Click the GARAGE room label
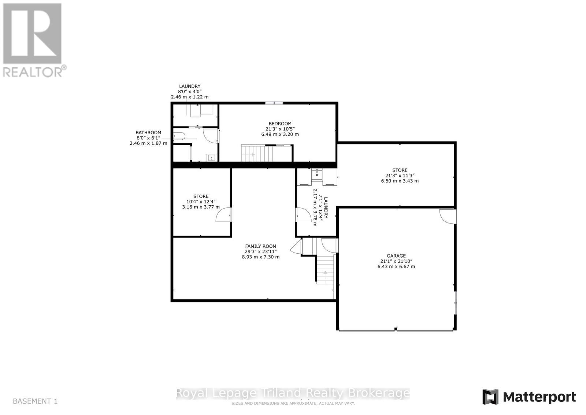396,256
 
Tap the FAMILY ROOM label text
260,246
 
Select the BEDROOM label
280,124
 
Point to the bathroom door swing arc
210,136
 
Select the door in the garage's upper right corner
447,216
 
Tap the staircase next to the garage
325,269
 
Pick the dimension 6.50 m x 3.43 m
400,181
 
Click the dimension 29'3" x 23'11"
260,251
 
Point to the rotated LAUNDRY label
326,207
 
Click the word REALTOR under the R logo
32,71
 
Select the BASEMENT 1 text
35,401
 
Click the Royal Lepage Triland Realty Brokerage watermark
293,393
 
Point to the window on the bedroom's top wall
274,103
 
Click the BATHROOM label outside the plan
148,133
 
